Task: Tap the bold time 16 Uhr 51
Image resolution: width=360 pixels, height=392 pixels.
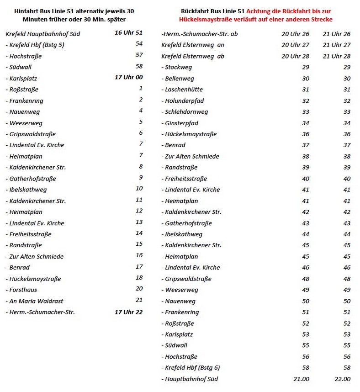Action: (x=128, y=32)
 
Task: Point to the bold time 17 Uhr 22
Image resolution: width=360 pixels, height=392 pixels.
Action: (x=128, y=312)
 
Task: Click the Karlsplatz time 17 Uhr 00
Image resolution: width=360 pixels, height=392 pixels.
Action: (x=128, y=77)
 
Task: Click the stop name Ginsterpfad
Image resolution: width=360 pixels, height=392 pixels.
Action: (x=183, y=123)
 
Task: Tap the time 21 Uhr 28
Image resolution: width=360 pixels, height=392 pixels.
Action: (x=336, y=56)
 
